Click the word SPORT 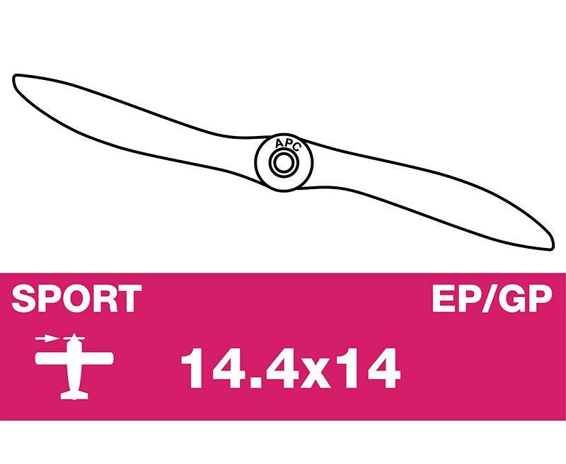pyautogui.click(x=76, y=298)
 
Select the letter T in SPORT pyautogui.click(x=130, y=298)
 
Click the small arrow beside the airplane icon pyautogui.click(x=46, y=339)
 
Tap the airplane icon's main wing pyautogui.click(x=74, y=358)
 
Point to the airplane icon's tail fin pyautogui.click(x=74, y=395)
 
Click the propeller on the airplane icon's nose pyautogui.click(x=74, y=338)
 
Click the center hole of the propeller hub pyautogui.click(x=283, y=163)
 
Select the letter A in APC pyautogui.click(x=279, y=144)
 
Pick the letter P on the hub pyautogui.click(x=288, y=144)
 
